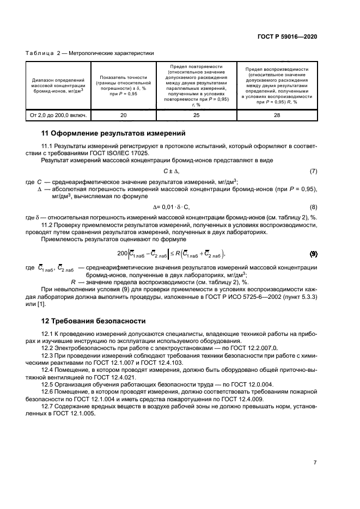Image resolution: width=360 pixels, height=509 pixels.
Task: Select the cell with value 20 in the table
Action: point(123,115)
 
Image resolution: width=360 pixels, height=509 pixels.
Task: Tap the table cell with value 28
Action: point(277,115)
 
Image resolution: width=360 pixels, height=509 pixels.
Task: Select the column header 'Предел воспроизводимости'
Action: point(277,70)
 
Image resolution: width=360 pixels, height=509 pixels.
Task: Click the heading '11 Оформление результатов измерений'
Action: point(114,133)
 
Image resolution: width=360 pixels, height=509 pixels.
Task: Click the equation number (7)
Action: point(313,171)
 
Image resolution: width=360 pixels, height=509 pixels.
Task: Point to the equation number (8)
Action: point(313,207)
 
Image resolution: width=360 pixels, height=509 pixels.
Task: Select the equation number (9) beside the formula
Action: point(313,254)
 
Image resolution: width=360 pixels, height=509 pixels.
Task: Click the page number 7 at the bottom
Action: point(315,462)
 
